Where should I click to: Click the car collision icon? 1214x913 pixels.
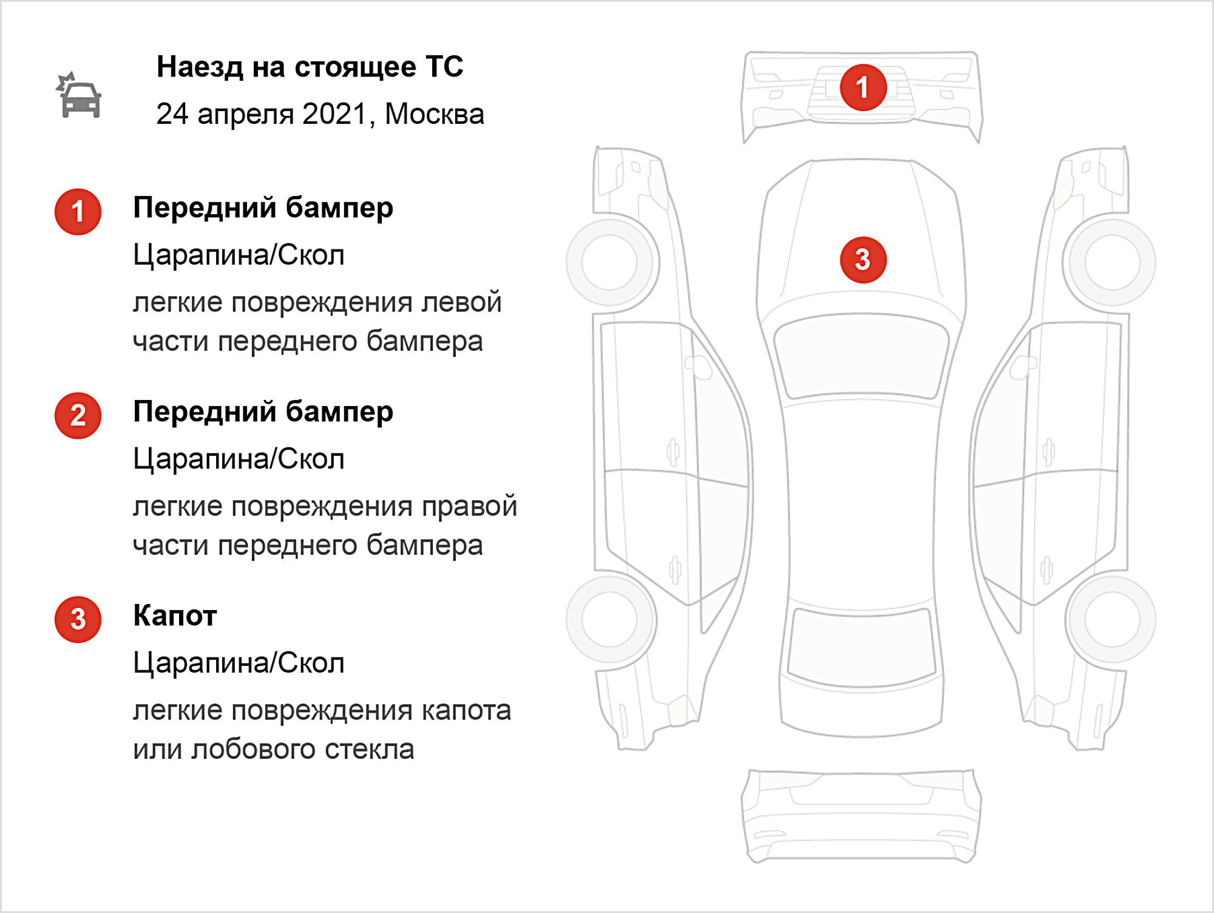[x=78, y=95]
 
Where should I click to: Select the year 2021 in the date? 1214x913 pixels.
[x=335, y=114]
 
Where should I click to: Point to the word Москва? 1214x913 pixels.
[x=435, y=114]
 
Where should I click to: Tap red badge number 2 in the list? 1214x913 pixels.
[x=78, y=416]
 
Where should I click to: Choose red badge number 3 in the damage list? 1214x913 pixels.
[x=78, y=620]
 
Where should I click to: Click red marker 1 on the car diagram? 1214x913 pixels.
[x=863, y=87]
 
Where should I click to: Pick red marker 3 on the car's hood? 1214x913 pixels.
[x=863, y=260]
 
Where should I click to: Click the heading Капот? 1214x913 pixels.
[x=175, y=616]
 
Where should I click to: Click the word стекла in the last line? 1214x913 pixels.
[x=370, y=749]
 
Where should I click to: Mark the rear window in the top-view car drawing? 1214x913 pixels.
[x=861, y=647]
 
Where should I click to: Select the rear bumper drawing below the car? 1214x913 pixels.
[x=861, y=816]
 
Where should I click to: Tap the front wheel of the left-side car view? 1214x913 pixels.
[x=609, y=262]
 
